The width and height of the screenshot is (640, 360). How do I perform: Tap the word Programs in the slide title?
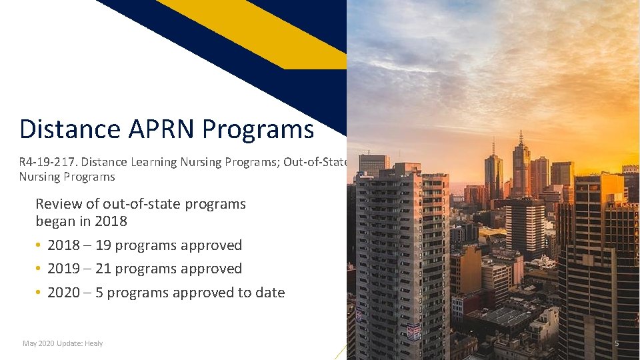[258, 129]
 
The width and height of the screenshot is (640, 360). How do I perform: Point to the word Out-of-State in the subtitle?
[315, 162]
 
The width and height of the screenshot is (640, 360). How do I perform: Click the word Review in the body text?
[59, 204]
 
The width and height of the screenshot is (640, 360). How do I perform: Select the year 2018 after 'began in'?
[111, 221]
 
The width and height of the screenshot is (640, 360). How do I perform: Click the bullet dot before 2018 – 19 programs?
[39, 245]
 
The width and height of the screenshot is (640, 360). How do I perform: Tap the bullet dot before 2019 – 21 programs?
[39, 269]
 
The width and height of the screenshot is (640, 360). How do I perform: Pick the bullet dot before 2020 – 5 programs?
[39, 293]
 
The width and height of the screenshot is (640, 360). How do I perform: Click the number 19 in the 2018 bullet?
[103, 245]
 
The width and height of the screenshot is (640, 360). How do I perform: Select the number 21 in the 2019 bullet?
[103, 269]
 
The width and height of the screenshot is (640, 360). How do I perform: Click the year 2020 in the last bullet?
[63, 293]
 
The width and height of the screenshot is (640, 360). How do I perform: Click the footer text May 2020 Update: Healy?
[63, 343]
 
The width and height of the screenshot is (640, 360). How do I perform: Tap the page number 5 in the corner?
[617, 343]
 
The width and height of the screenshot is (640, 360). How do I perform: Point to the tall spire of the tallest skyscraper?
[521, 139]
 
